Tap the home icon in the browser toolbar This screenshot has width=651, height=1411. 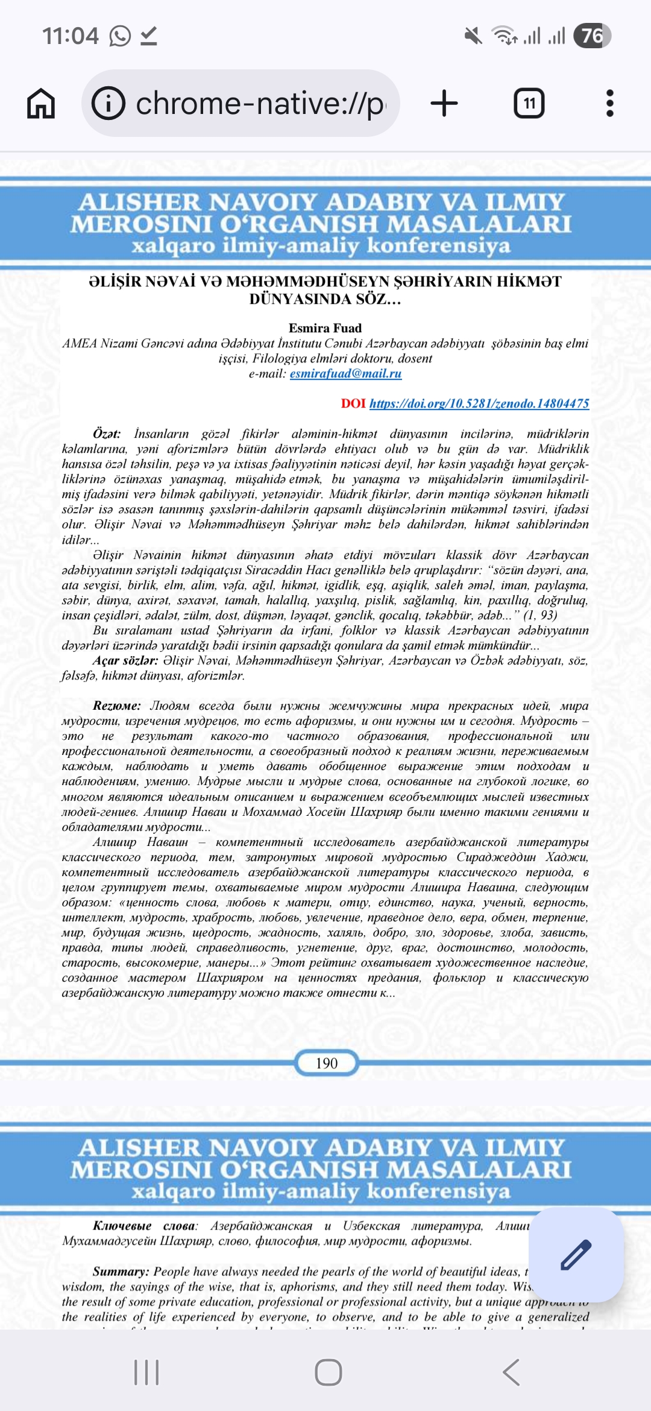point(41,103)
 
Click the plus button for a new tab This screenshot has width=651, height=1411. point(444,103)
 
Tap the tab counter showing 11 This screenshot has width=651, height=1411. point(529,103)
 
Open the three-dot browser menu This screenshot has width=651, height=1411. point(610,103)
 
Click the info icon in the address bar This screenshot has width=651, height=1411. point(108,103)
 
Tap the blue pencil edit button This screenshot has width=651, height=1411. point(576,1255)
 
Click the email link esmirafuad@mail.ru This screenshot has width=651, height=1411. point(345,373)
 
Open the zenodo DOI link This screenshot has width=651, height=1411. point(479,403)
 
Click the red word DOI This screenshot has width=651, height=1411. point(353,403)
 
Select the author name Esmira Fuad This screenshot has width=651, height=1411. point(325,328)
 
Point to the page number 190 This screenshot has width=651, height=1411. point(327,1063)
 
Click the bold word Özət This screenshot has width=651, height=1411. point(107,434)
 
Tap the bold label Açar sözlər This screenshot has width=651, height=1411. point(125,660)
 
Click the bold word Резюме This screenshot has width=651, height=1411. point(116,705)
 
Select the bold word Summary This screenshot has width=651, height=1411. point(121,1271)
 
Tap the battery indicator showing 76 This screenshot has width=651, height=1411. point(592,36)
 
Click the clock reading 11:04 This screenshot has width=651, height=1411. point(70,36)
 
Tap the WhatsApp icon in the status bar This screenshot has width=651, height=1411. point(120,36)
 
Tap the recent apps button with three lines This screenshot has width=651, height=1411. point(146,1372)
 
